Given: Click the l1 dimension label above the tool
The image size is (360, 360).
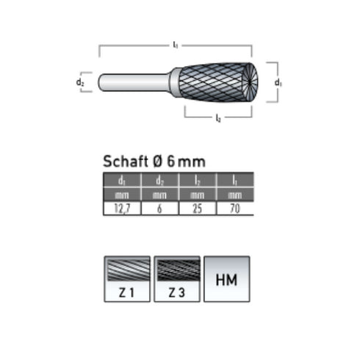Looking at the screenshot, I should (x=175, y=46).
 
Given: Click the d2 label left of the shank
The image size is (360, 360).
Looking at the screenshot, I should (x=80, y=82).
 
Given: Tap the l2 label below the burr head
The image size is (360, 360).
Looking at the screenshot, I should (x=218, y=119).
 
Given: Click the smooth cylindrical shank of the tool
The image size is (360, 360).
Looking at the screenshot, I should (x=135, y=82).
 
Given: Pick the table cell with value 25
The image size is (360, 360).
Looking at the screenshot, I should (x=197, y=209).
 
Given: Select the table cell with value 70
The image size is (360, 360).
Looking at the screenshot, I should (x=235, y=209).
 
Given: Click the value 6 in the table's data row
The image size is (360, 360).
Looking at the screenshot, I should (x=159, y=209).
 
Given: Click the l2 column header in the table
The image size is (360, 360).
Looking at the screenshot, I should (x=197, y=181).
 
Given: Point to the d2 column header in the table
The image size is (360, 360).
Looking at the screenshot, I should (x=159, y=181).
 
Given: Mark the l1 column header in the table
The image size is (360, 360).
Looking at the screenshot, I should (x=235, y=181).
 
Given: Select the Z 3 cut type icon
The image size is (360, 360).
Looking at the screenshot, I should (x=176, y=278).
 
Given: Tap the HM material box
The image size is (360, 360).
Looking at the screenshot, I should (x=226, y=278).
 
